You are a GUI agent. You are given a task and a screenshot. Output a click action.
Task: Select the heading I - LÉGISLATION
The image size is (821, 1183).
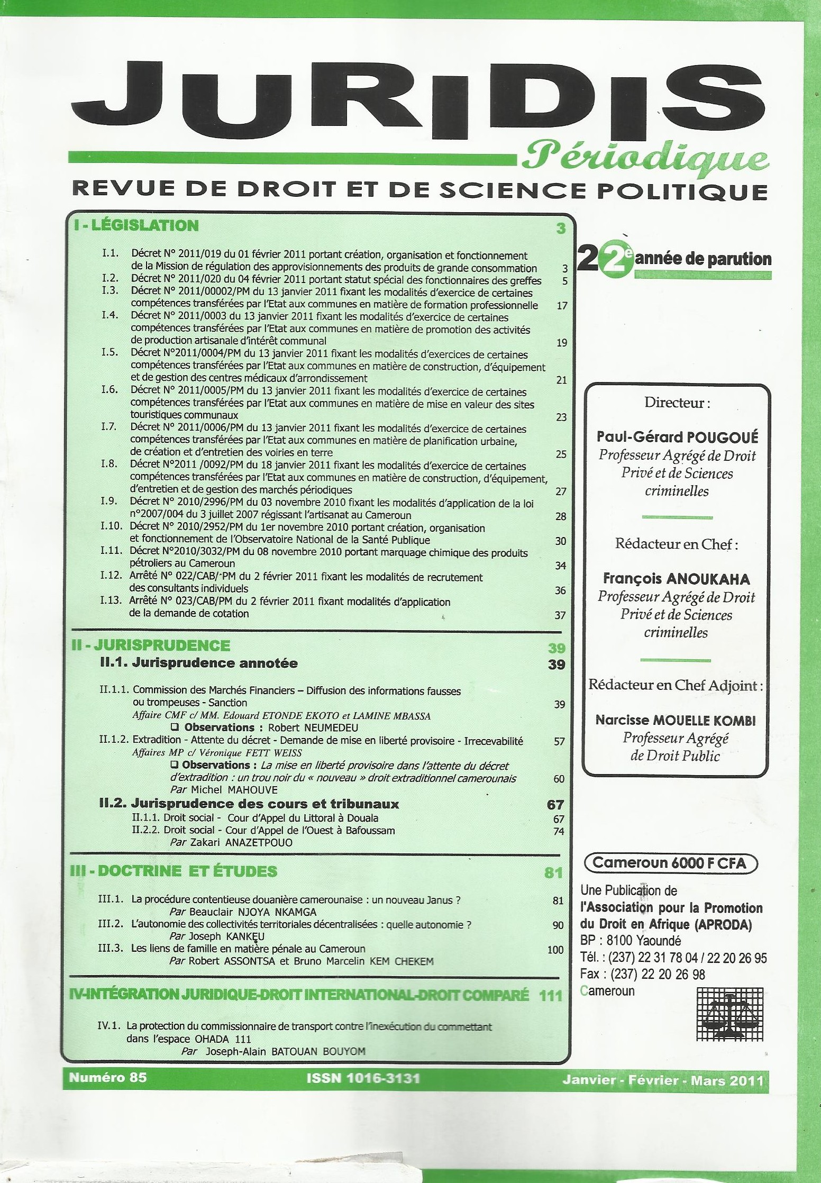136,226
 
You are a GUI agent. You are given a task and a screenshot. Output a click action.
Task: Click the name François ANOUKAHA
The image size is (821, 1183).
677,579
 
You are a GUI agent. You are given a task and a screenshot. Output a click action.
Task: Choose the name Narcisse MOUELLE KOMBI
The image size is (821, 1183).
676,720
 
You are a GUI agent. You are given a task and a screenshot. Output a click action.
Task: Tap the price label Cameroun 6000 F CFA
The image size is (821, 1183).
669,863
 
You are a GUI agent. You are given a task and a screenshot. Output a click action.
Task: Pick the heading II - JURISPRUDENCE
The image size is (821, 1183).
151,645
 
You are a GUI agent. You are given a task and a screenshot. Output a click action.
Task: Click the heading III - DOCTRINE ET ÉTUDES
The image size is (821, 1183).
174,871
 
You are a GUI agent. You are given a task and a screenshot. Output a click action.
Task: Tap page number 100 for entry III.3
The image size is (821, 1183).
555,950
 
